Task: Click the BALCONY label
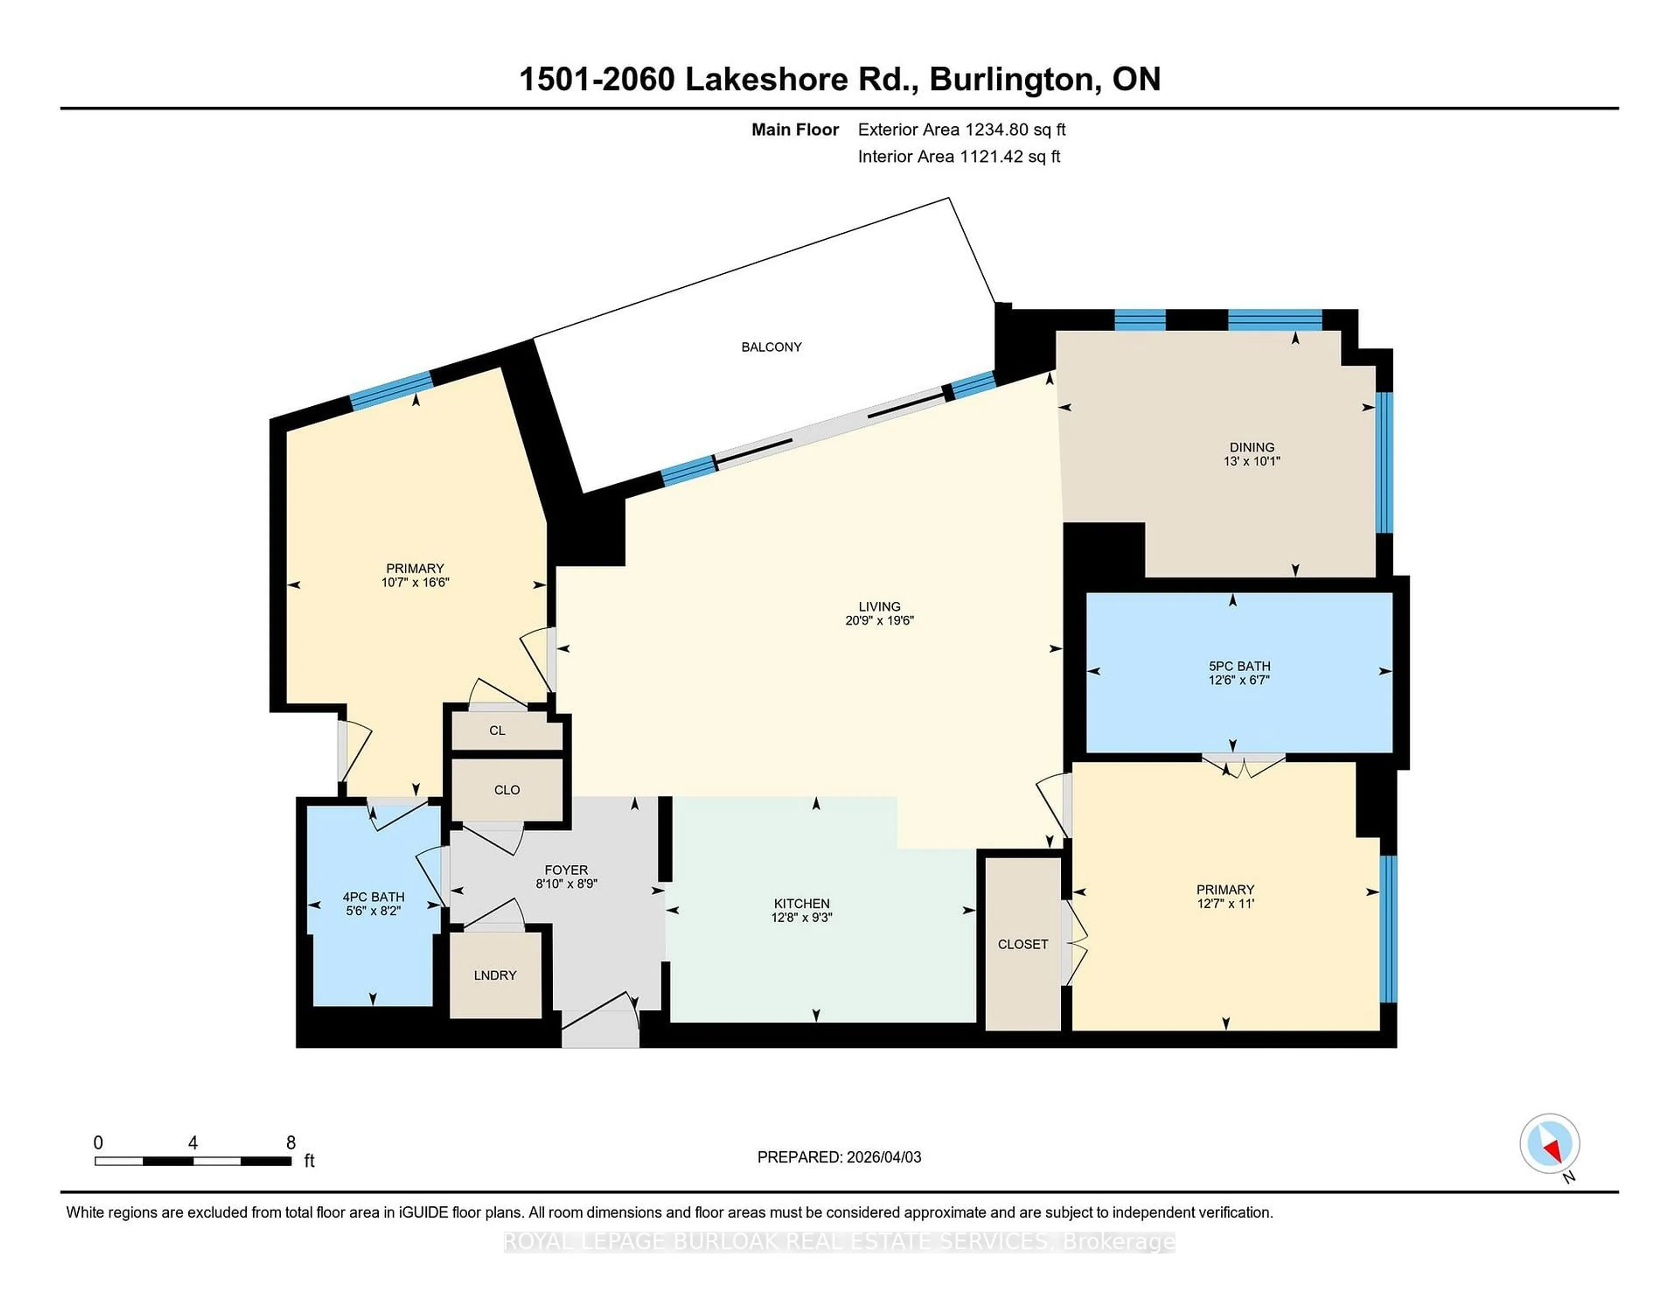[771, 347]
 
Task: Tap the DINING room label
[1251, 446]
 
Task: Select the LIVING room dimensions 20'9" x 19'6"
[879, 621]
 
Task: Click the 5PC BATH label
[1239, 666]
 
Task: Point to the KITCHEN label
[801, 903]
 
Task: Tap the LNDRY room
[495, 975]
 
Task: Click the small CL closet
[498, 730]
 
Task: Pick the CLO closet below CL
[507, 790]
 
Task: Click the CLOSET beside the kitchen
[1022, 944]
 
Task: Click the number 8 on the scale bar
[291, 1143]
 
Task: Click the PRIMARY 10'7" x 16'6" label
[415, 575]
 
